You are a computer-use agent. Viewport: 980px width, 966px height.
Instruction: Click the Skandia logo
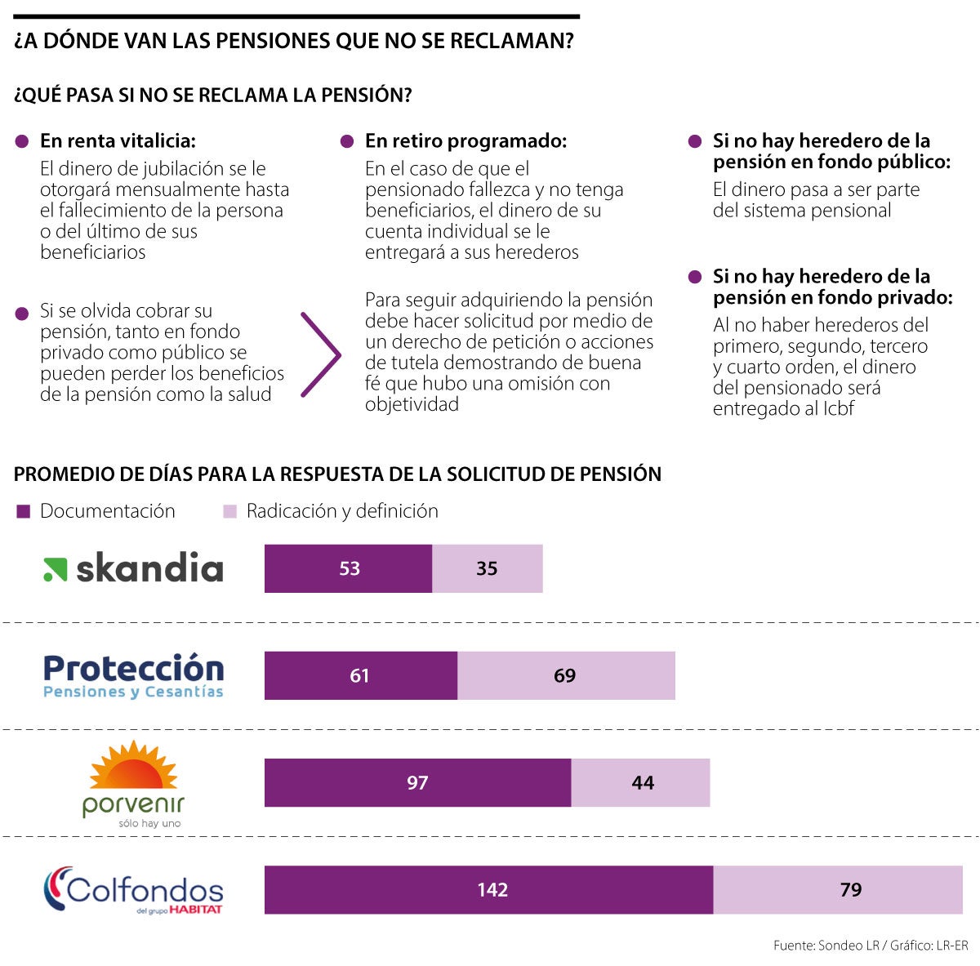point(133,569)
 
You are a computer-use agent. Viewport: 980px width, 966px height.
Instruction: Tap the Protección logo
point(133,676)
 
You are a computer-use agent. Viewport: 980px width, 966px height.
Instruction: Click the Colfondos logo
point(133,890)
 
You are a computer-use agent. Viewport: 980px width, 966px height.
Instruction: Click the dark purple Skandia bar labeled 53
point(348,568)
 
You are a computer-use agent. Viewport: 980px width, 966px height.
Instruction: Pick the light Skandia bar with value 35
point(487,568)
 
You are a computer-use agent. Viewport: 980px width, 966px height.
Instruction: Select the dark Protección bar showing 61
point(360,675)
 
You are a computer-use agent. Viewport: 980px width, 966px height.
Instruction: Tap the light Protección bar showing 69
point(565,675)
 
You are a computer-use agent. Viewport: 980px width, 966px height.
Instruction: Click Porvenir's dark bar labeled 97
point(417,782)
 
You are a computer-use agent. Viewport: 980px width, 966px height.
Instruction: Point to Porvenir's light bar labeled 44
point(641,782)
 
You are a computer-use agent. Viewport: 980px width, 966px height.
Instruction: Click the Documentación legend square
point(24,511)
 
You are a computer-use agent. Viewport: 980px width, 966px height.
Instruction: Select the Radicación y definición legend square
point(229,511)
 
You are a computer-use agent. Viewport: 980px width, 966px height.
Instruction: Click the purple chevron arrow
point(321,355)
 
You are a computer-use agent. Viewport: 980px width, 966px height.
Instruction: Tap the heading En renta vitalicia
point(118,141)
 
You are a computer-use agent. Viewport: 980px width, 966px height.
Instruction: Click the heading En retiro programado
point(465,141)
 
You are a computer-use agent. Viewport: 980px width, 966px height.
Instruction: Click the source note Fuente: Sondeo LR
point(826,945)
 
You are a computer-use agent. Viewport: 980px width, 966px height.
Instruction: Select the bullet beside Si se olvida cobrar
point(22,313)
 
